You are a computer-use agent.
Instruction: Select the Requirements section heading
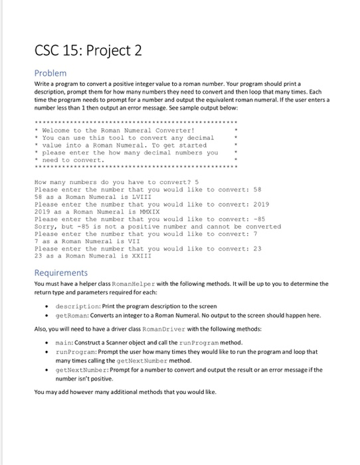coord(60,273)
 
